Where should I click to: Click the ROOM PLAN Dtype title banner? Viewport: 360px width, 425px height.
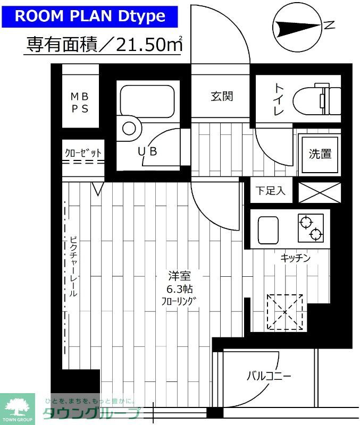click(89, 15)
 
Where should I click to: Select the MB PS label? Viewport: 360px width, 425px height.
click(80, 103)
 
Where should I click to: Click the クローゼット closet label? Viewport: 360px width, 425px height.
click(83, 152)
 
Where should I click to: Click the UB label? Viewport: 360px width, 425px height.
click(147, 151)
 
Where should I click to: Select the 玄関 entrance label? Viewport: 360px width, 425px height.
click(221, 96)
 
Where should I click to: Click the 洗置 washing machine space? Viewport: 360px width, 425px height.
click(320, 154)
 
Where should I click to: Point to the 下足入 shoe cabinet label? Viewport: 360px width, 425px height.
click(270, 191)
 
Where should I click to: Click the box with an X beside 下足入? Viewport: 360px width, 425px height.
click(320, 192)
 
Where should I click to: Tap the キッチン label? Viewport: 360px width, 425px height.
click(295, 258)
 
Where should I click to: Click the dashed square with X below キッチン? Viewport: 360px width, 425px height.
click(285, 312)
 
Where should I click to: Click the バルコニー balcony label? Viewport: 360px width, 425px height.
click(269, 377)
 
